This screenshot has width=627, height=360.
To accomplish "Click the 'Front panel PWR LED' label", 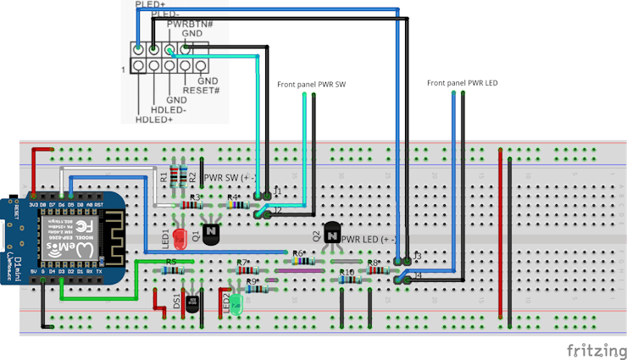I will pos(462,83).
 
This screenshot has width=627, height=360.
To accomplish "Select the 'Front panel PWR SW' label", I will pos(311,85).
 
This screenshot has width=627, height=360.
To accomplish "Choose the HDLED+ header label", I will pos(154,120).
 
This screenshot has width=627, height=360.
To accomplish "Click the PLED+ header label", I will pos(150,4).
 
